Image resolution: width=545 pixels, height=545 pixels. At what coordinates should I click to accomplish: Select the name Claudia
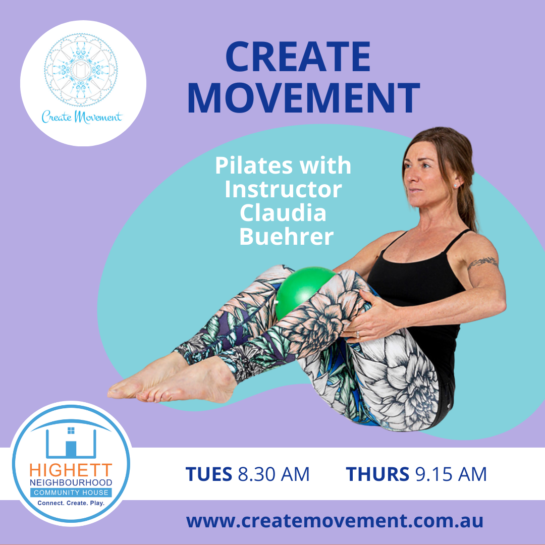tap(283, 213)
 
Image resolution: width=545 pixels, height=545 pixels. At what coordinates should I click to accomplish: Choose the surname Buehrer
tap(286, 236)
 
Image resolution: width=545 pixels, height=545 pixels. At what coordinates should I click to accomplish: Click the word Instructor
tap(283, 189)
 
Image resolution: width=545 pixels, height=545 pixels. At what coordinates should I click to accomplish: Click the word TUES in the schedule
tap(208, 474)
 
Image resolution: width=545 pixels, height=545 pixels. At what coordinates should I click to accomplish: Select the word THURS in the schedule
tap(377, 474)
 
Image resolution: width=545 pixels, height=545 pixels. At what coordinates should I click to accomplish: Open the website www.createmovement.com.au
tap(335, 521)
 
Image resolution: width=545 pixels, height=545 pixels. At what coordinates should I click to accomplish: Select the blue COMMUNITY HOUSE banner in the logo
tap(71, 493)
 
